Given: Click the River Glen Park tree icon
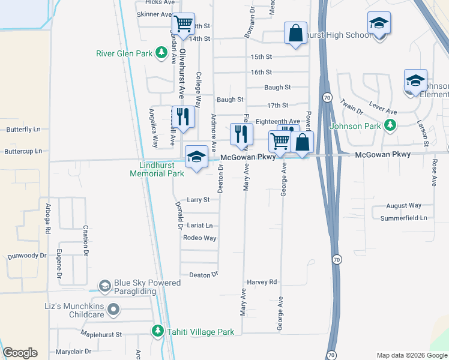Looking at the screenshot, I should coord(161,53).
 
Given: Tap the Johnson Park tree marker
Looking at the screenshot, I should coord(391,125).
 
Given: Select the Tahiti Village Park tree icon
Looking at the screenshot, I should coord(158,331).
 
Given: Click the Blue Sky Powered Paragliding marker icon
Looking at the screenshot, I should coord(105,286).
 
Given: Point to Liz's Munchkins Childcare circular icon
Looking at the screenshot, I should coord(114,310).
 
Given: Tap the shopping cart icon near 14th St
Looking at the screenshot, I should coord(183,25).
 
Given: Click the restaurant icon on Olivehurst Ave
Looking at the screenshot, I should coord(183,116).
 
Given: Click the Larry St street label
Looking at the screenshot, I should coord(198,200).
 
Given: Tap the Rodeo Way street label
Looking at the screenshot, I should coord(200,238).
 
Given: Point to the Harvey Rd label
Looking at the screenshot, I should coord(262,282).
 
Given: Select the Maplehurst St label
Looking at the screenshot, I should coord(101,334).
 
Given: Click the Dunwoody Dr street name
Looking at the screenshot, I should coord(27,256).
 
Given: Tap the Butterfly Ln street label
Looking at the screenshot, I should coord(23,129).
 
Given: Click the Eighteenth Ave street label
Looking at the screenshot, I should coord(277,121).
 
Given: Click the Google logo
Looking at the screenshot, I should coord(20,353).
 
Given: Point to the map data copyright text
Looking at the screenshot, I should coord(411,355).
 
